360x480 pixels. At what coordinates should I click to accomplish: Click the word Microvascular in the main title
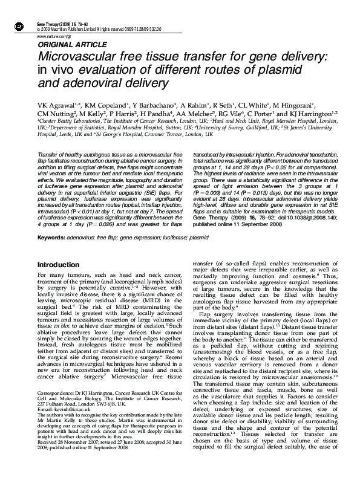tap(80, 57)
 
